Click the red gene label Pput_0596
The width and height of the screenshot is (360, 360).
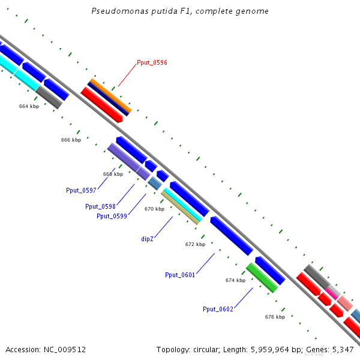pos(152,62)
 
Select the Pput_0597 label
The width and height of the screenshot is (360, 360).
pos(81,190)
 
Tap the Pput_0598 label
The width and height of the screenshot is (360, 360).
pos(100,206)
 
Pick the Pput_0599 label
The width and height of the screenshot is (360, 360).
pos(112,216)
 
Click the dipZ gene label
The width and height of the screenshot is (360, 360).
pos(148,239)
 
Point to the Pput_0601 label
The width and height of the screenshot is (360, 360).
pos(180,275)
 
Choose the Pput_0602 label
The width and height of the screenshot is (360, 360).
pos(217,309)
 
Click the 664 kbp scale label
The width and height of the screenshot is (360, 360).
pos(29,106)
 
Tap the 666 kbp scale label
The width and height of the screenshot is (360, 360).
pos(71,140)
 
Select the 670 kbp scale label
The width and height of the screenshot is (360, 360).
pos(154,209)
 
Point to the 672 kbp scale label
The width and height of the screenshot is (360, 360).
pos(195,244)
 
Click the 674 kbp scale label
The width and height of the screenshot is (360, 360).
pos(235,280)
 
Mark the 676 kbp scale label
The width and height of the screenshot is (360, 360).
pos(275,316)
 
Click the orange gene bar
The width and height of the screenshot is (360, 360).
pos(110,96)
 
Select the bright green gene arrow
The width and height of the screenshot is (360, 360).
pos(262,278)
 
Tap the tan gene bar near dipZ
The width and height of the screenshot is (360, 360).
pos(180,208)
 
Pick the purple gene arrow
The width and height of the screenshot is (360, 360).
pos(128,161)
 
